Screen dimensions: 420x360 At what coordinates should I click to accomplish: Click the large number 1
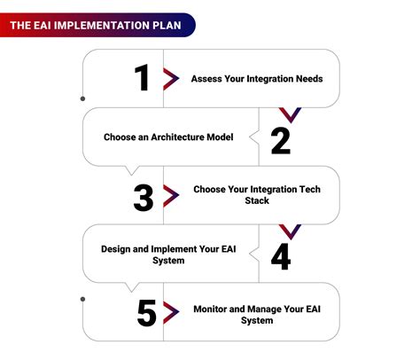[x=142, y=77]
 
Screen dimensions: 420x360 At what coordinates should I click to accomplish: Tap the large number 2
[x=281, y=141]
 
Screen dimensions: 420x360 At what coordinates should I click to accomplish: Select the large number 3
[x=144, y=198]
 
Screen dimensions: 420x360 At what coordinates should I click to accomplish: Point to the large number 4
[x=281, y=257]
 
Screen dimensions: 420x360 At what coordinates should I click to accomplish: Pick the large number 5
[x=147, y=313]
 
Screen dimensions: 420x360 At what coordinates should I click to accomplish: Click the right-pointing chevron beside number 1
[x=171, y=79]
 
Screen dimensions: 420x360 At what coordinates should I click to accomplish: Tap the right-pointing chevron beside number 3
[x=171, y=196]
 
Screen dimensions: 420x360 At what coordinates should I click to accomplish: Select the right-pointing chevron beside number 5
[x=171, y=312]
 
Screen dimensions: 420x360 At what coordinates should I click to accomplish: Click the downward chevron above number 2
[x=290, y=115]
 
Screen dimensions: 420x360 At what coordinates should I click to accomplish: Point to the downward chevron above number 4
[x=290, y=232]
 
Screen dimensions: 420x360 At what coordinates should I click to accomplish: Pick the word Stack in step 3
[x=257, y=200]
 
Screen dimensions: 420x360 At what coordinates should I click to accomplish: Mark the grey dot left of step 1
[x=82, y=98]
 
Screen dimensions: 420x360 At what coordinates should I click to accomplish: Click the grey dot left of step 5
[x=82, y=299]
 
